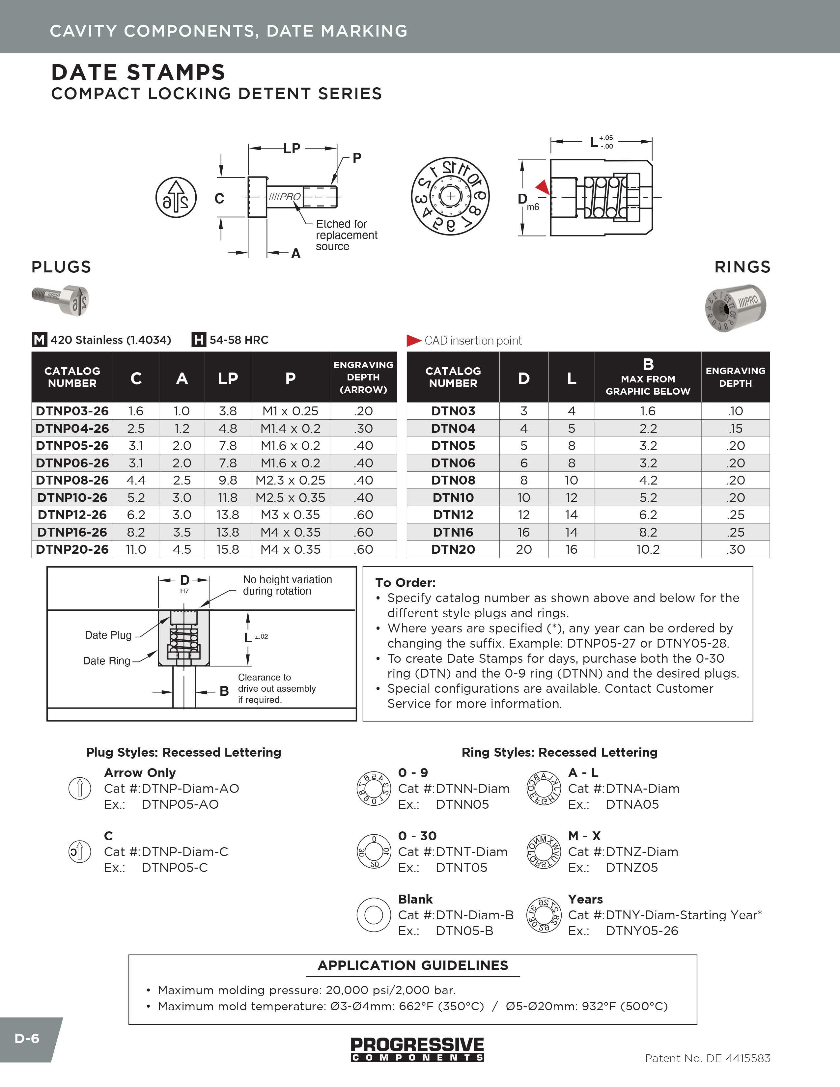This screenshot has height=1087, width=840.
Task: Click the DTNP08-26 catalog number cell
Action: pyautogui.click(x=72, y=480)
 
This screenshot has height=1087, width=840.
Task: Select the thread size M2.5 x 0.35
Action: pyautogui.click(x=290, y=498)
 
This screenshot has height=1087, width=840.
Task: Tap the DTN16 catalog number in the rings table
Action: pyautogui.click(x=453, y=532)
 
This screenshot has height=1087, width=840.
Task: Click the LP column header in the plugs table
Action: pyautogui.click(x=227, y=378)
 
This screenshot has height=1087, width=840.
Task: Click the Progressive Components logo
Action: pyautogui.click(x=417, y=1049)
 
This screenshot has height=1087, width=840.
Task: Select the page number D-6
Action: pyautogui.click(x=27, y=1039)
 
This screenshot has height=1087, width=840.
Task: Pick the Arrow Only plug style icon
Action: pyautogui.click(x=80, y=788)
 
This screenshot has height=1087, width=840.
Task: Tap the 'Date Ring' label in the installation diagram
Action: pyautogui.click(x=106, y=661)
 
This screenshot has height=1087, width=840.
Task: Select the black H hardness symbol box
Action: pyautogui.click(x=199, y=340)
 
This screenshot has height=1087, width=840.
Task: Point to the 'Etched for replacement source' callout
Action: pyautogui.click(x=346, y=235)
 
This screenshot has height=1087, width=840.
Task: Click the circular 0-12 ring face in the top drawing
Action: pyautogui.click(x=450, y=196)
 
